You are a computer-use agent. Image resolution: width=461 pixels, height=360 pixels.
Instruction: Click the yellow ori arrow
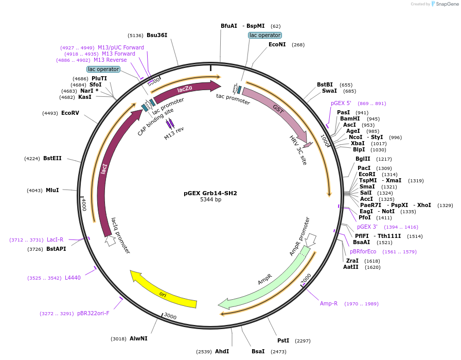pyautogui.click(x=163, y=293)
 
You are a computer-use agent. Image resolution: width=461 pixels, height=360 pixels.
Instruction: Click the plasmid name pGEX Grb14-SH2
pyautogui.click(x=210, y=194)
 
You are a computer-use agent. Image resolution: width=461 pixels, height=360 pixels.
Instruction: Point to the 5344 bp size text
pyautogui.click(x=210, y=200)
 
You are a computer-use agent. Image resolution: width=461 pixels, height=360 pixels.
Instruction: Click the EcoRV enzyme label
pyautogui.click(x=70, y=113)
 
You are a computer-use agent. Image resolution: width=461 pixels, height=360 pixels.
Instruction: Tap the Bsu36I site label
pyautogui.click(x=157, y=35)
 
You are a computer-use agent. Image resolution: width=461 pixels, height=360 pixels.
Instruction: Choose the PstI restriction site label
pyautogui.click(x=283, y=340)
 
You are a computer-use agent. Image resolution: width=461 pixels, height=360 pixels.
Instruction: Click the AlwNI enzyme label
pyautogui.click(x=138, y=338)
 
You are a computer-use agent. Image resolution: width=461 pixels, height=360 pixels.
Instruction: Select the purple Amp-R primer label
pyautogui.click(x=329, y=303)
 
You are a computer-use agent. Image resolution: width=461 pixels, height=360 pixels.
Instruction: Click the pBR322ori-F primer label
pyautogui.click(x=93, y=313)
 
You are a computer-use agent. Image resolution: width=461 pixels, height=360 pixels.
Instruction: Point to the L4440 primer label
pyautogui.click(x=73, y=278)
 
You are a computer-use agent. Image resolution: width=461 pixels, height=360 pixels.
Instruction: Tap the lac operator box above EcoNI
pyautogui.click(x=265, y=35)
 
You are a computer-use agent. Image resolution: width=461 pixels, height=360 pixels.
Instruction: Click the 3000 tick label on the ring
pyautogui.click(x=170, y=316)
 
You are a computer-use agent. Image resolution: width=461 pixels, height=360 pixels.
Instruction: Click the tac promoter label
pyautogui.click(x=233, y=99)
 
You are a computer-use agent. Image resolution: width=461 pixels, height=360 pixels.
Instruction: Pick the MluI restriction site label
pyautogui.click(x=52, y=190)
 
